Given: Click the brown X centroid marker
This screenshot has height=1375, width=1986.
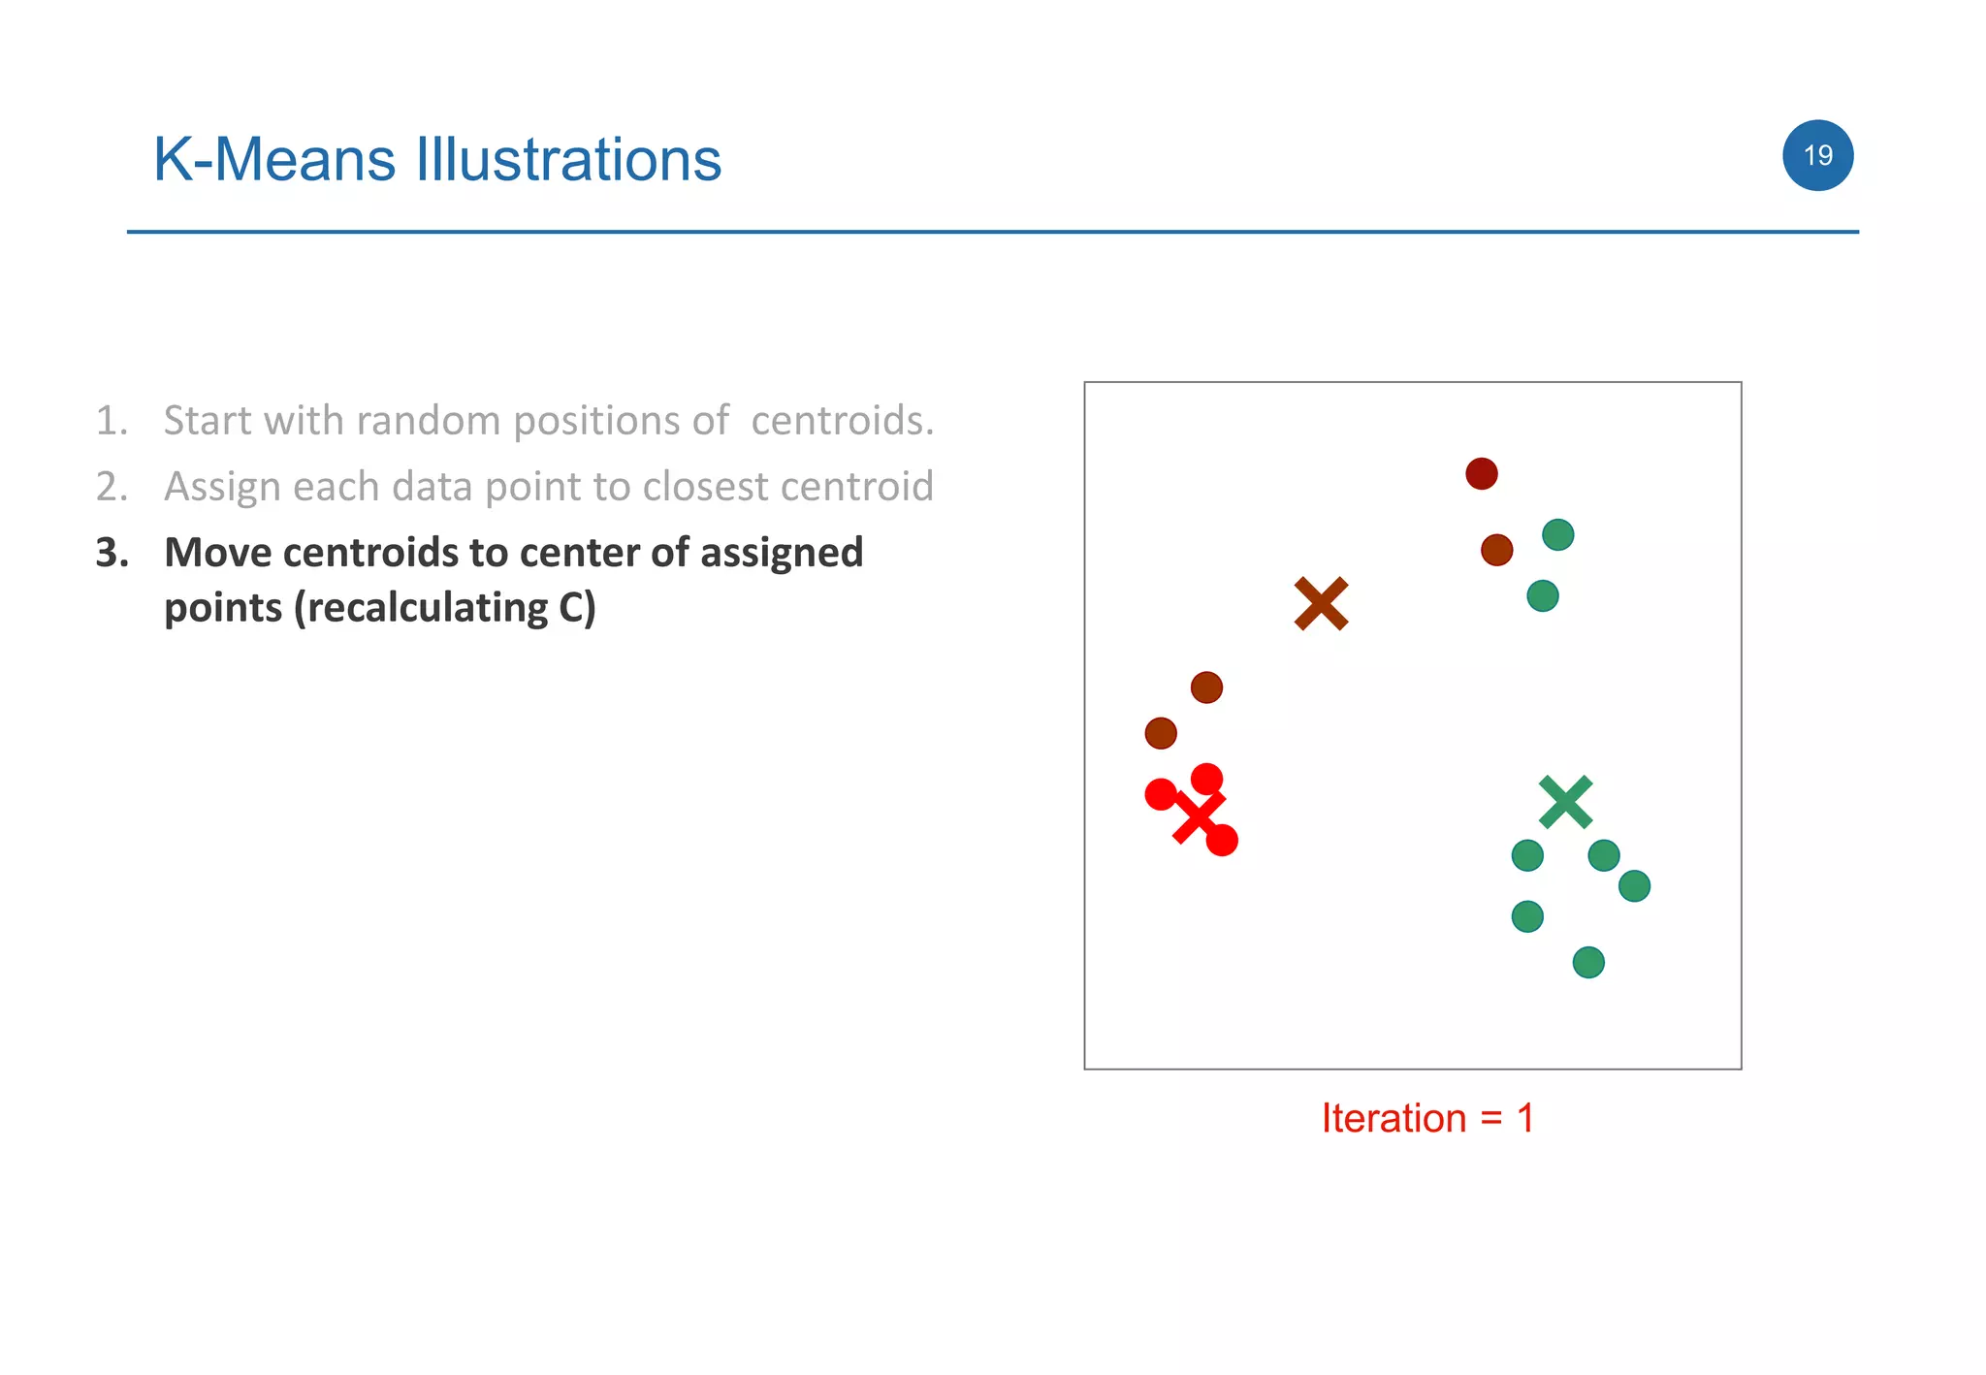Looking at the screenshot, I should [x=1321, y=604].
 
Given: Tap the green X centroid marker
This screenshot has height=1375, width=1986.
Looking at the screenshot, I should [x=1565, y=802].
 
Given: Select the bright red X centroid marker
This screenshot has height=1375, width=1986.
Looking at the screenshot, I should [x=1199, y=817].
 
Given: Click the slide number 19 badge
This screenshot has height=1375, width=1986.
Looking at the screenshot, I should [x=1817, y=155].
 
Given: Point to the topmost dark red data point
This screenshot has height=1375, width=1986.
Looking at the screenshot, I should [x=1481, y=474].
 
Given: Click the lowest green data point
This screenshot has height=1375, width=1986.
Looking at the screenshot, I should [x=1587, y=963].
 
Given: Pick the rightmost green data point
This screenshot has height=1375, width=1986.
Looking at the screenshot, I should [x=1634, y=886].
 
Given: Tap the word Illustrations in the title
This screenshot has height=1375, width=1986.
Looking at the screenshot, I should [x=568, y=160].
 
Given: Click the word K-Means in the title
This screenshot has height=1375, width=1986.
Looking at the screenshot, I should [x=274, y=160].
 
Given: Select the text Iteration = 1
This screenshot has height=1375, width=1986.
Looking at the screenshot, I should [x=1426, y=1118].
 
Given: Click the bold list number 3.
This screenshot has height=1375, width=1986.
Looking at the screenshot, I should [x=112, y=553].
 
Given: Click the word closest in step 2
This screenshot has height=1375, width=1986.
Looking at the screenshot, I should [x=706, y=487].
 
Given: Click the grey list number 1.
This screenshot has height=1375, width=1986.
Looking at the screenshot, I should [x=112, y=421].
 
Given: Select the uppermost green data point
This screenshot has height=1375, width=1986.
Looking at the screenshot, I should [x=1557, y=535].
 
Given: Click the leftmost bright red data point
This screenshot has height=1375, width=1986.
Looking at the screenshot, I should [x=1160, y=794].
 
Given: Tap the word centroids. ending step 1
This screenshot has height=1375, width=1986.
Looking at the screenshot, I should [x=842, y=421].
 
